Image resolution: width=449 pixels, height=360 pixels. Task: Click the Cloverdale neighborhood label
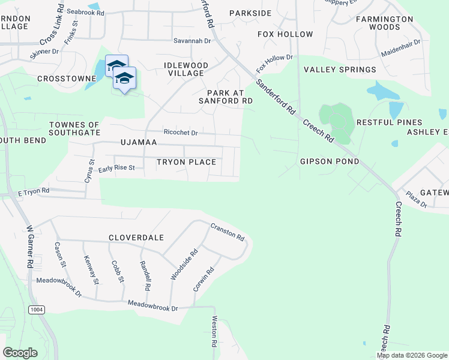[136, 238]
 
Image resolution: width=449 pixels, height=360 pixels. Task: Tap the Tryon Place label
[186, 162]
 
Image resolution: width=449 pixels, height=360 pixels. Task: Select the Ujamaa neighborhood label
[139, 142]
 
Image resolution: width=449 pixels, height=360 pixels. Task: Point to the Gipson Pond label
[330, 161]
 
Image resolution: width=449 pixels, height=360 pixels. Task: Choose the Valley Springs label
[340, 70]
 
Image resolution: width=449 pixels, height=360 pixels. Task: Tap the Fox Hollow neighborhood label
[285, 34]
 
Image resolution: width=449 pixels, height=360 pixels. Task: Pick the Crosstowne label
[67, 79]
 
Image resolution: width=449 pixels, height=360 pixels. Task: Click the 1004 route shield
[37, 308]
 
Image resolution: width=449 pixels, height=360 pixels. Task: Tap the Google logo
[20, 353]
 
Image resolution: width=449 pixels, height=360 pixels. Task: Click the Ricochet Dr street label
[181, 132]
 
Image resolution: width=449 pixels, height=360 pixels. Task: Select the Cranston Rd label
[228, 232]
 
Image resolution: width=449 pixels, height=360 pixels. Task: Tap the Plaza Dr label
[415, 199]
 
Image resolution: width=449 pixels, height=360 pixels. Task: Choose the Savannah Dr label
[192, 41]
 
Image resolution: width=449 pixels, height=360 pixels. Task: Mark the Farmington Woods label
[384, 23]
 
